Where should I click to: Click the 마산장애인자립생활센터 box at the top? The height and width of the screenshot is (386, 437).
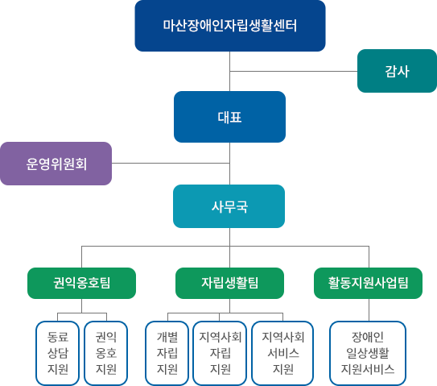pyautogui.click(x=229, y=27)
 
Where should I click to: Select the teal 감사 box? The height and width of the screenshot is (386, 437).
pyautogui.click(x=397, y=70)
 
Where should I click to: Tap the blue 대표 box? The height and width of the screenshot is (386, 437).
pyautogui.click(x=229, y=116)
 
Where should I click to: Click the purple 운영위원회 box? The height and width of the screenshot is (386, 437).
pyautogui.click(x=56, y=164)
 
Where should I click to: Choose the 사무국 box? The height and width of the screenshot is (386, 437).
pyautogui.click(x=229, y=206)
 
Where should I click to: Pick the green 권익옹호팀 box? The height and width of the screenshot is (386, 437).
pyautogui.click(x=81, y=282)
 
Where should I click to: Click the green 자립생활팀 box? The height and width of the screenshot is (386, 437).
pyautogui.click(x=229, y=282)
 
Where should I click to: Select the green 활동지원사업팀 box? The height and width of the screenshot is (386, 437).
pyautogui.click(x=368, y=282)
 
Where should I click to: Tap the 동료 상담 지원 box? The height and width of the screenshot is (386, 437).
pyautogui.click(x=57, y=352)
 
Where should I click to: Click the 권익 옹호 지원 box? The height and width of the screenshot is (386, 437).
pyautogui.click(x=106, y=352)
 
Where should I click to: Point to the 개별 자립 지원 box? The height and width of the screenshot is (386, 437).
pyautogui.click(x=167, y=352)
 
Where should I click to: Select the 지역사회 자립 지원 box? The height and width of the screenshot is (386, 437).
pyautogui.click(x=220, y=352)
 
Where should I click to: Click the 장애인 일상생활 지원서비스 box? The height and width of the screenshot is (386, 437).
pyautogui.click(x=367, y=352)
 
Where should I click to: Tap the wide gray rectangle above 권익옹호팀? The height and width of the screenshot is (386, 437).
pyautogui.click(x=136, y=255)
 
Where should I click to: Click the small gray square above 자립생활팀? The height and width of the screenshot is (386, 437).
pyautogui.click(x=216, y=255)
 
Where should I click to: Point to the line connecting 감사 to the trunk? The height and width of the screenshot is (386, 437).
pyautogui.click(x=293, y=71)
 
